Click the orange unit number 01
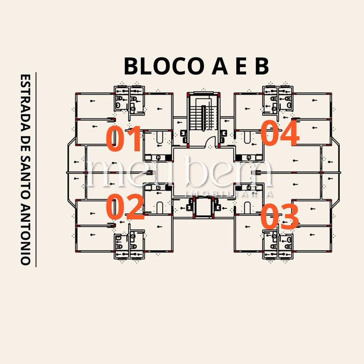[x=123, y=139]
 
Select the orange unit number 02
[x=125, y=207]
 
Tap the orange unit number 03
[x=279, y=216]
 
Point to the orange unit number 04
[x=280, y=133]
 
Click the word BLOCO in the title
[x=164, y=66]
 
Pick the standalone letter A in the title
[x=220, y=66]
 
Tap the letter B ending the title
[x=262, y=66]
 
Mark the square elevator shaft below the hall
[x=203, y=207]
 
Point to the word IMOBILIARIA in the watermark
[x=229, y=194]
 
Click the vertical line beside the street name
[x=36, y=170]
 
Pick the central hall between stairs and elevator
[x=203, y=172]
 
